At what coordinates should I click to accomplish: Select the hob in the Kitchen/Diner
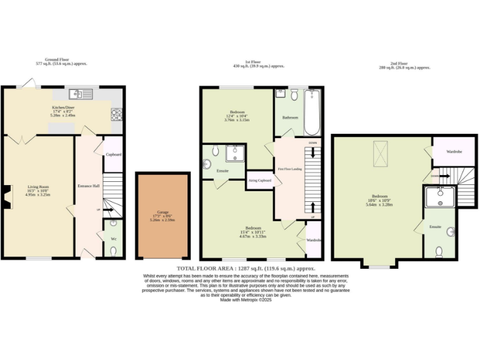[x=116, y=114]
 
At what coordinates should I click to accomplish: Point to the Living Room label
[x=37, y=186]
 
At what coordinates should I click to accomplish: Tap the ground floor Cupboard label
[x=113, y=154]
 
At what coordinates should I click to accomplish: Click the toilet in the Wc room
[x=113, y=251]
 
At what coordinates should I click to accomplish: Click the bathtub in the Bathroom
[x=311, y=112]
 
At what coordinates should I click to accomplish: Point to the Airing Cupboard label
[x=260, y=180]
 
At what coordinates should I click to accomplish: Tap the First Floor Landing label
[x=289, y=169]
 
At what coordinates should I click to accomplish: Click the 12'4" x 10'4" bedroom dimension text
[x=237, y=117]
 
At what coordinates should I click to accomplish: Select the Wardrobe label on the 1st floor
[x=314, y=240]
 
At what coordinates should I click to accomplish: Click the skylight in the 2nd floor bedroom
[x=379, y=151]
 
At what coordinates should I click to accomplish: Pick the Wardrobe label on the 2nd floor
[x=454, y=152]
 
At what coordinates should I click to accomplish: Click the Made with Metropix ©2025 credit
[x=246, y=299]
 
